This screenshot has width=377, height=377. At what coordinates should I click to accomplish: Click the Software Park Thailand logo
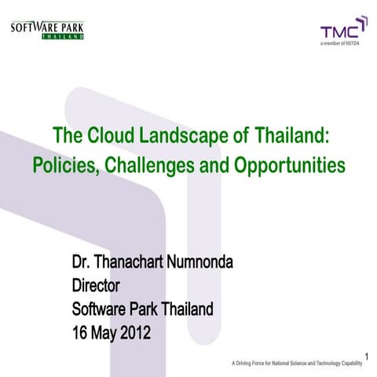tap(46, 30)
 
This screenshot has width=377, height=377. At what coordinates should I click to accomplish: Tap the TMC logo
tap(343, 31)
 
